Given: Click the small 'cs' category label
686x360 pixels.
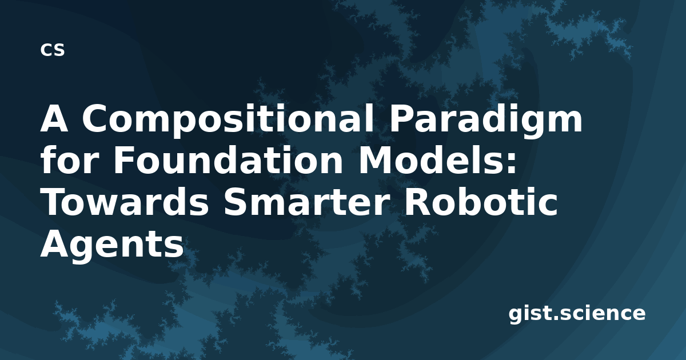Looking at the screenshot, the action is coord(53,50).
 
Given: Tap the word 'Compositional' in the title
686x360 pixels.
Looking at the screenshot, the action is coord(228,120).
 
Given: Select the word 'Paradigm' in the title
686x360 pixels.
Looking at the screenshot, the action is coord(485,120).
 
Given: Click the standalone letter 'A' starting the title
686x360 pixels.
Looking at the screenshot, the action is coord(54,118).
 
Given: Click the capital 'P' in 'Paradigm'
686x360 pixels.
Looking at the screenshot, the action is coord(401,118).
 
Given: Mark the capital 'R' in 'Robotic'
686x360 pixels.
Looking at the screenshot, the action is coord(418,201).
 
